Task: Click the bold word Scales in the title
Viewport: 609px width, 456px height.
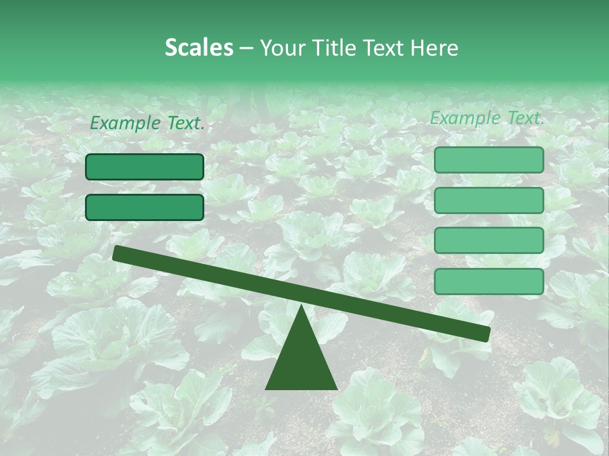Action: pyautogui.click(x=199, y=48)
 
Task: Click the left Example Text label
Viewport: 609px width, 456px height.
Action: pyautogui.click(x=147, y=123)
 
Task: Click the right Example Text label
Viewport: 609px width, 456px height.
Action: pyautogui.click(x=487, y=118)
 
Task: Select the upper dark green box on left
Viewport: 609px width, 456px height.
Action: pyautogui.click(x=145, y=167)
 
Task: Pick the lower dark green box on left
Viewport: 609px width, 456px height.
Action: pyautogui.click(x=145, y=207)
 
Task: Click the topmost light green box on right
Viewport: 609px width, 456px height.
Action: pyautogui.click(x=488, y=160)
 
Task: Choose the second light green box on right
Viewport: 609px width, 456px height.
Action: pyautogui.click(x=488, y=200)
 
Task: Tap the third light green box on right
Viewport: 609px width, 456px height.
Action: pyautogui.click(x=488, y=241)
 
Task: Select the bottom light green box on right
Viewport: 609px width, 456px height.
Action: pyautogui.click(x=488, y=281)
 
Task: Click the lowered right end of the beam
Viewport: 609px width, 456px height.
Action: pyautogui.click(x=485, y=334)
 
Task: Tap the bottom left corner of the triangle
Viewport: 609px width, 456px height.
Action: pyautogui.click(x=266, y=388)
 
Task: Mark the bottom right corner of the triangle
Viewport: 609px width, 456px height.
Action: pyautogui.click(x=336, y=388)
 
